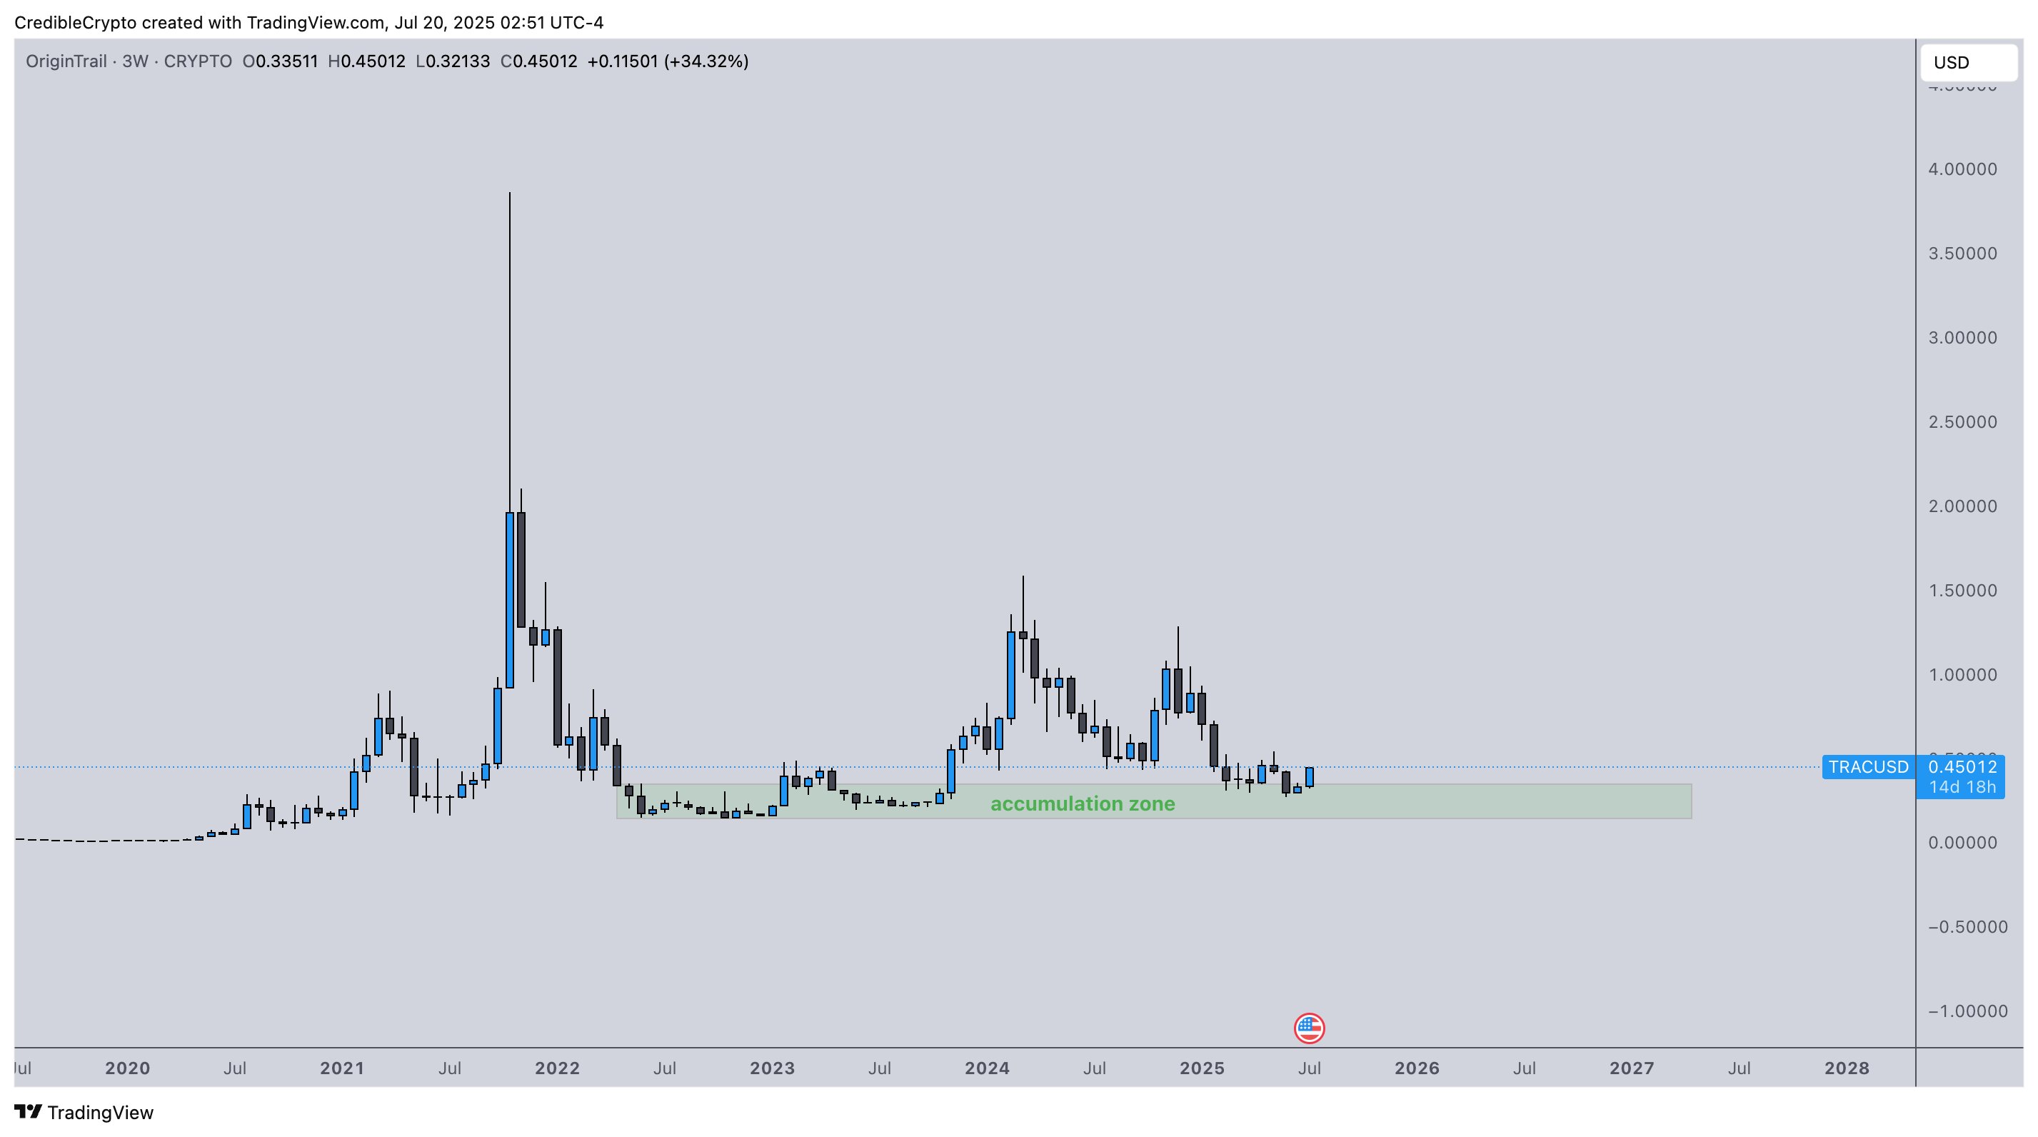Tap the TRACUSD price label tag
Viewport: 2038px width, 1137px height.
[1868, 767]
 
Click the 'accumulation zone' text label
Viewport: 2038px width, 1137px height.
[1083, 804]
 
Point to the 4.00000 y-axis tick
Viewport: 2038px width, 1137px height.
[1962, 169]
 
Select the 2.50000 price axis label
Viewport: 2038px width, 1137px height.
[1962, 421]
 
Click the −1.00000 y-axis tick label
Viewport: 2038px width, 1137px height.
[1967, 1011]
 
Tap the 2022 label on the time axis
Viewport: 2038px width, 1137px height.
[557, 1068]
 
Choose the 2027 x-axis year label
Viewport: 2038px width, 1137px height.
[1632, 1068]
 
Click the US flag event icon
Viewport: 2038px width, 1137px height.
[1308, 1028]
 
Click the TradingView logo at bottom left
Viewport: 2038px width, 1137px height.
[84, 1113]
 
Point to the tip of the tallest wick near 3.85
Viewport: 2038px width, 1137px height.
[510, 193]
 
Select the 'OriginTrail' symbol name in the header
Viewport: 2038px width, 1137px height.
[66, 61]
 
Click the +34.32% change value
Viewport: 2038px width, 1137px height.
[706, 61]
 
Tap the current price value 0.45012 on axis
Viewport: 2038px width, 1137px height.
[1962, 767]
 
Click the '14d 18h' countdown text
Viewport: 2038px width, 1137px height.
[1962, 787]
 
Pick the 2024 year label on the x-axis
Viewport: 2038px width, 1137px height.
[987, 1068]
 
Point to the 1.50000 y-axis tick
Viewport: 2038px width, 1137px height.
[1962, 590]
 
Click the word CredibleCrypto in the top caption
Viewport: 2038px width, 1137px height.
[76, 23]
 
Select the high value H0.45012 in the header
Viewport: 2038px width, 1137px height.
[366, 61]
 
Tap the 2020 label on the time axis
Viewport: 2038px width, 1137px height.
[127, 1068]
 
